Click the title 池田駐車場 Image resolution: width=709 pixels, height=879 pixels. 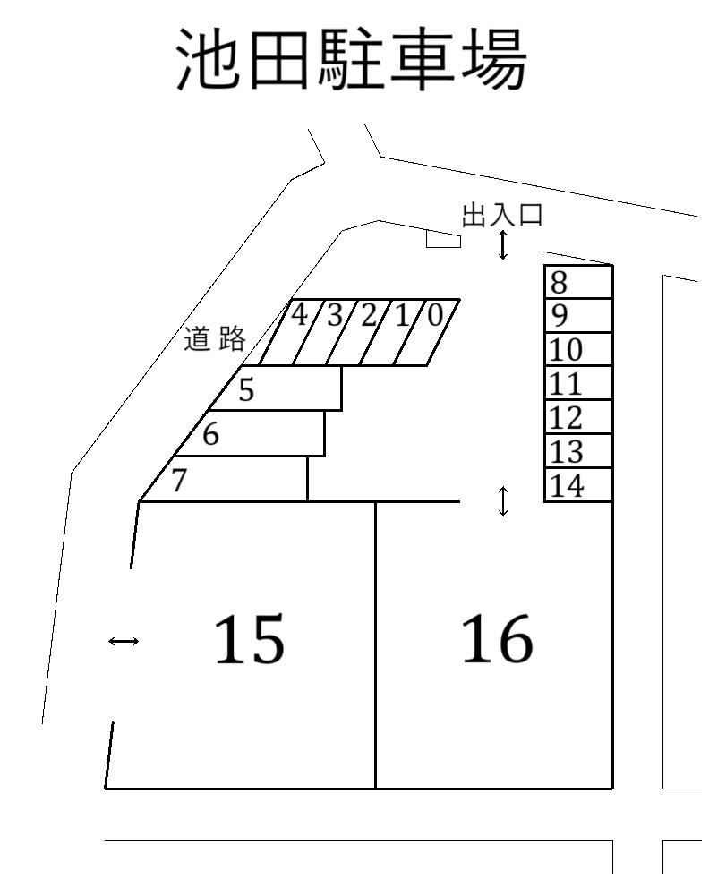[351, 59]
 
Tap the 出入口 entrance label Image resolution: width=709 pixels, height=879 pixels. [501, 216]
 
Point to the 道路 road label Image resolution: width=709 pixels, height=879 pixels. [214, 339]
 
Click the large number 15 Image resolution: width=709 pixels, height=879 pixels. [249, 640]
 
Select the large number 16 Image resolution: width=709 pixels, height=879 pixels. [497, 640]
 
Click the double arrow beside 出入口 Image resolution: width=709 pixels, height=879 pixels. [503, 244]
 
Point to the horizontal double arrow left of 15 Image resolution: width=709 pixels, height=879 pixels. [123, 641]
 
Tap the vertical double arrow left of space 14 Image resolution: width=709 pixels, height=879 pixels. [503, 501]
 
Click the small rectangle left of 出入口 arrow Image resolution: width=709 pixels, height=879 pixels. [443, 240]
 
